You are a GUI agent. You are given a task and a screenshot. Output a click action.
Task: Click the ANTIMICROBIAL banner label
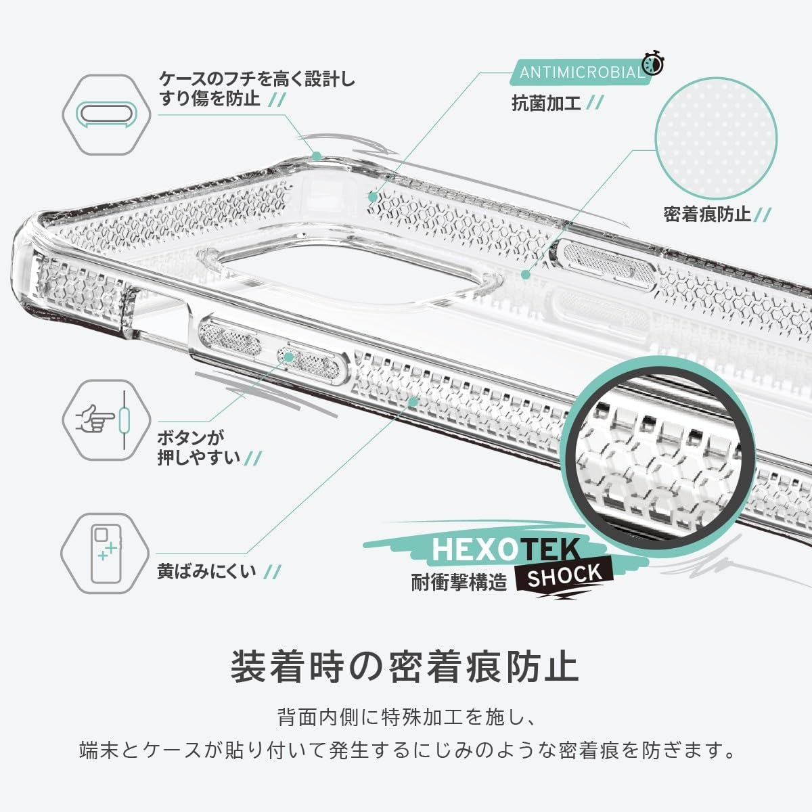(x=581, y=72)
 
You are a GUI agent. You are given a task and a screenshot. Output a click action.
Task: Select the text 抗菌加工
(x=546, y=103)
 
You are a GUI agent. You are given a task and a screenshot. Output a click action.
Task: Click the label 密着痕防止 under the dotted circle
(x=708, y=214)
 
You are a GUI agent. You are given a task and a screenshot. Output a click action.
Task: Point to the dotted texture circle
(x=716, y=139)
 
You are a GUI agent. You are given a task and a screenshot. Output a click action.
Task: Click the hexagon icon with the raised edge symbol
(x=107, y=114)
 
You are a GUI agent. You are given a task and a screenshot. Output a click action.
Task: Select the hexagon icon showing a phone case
(x=105, y=554)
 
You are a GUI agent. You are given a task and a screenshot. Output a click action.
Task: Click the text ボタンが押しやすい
(x=198, y=448)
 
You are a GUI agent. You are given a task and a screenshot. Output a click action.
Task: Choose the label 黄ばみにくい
(x=206, y=571)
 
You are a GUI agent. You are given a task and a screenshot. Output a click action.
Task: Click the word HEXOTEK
(x=505, y=550)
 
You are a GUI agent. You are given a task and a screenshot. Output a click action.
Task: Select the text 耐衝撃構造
(x=459, y=583)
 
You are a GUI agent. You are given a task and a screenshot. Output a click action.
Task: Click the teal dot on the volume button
(x=289, y=357)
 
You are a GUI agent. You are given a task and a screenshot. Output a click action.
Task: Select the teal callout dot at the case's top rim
(x=317, y=156)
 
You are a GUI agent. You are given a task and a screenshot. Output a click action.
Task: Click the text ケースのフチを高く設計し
(x=257, y=80)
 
